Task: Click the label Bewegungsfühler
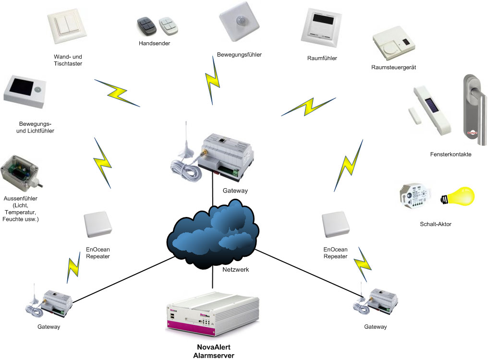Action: (239, 55)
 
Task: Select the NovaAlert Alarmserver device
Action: (212, 314)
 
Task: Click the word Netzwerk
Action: (236, 270)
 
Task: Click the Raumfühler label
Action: (322, 59)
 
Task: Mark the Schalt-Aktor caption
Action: (435, 224)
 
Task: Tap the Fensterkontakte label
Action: (451, 155)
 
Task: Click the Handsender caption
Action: (155, 43)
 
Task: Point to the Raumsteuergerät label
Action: (394, 67)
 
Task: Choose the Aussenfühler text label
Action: (21, 208)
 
